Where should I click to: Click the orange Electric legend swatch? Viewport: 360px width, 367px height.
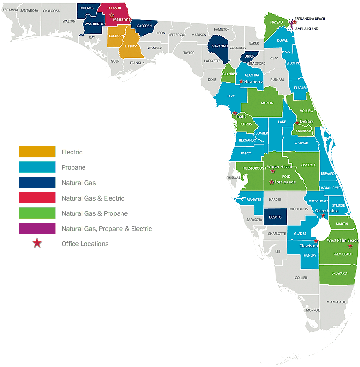point(37,152)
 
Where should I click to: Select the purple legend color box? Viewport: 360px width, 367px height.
point(37,228)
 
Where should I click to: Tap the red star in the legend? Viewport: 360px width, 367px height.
point(37,244)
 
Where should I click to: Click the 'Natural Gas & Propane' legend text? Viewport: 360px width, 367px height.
point(95,213)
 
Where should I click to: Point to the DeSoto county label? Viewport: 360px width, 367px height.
point(276,217)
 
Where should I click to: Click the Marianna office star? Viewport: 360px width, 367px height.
point(112,15)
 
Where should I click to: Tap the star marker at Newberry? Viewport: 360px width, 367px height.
point(241,82)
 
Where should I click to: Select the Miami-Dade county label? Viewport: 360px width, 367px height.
point(336,302)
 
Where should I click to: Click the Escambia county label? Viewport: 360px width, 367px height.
point(11,10)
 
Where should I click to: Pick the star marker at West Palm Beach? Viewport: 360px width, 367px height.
point(351,246)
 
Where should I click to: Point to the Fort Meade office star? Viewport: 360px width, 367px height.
point(272,182)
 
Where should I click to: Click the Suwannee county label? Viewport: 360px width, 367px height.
point(219,47)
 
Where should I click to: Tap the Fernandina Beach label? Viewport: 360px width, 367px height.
point(310,19)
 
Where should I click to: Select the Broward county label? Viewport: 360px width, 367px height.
point(339,273)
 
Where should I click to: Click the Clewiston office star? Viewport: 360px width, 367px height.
point(316,241)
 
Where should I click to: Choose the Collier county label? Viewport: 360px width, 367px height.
point(301,278)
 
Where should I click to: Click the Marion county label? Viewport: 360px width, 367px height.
point(267,103)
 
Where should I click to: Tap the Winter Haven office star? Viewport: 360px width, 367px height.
point(273,171)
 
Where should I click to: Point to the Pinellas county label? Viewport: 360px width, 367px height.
point(233,178)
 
